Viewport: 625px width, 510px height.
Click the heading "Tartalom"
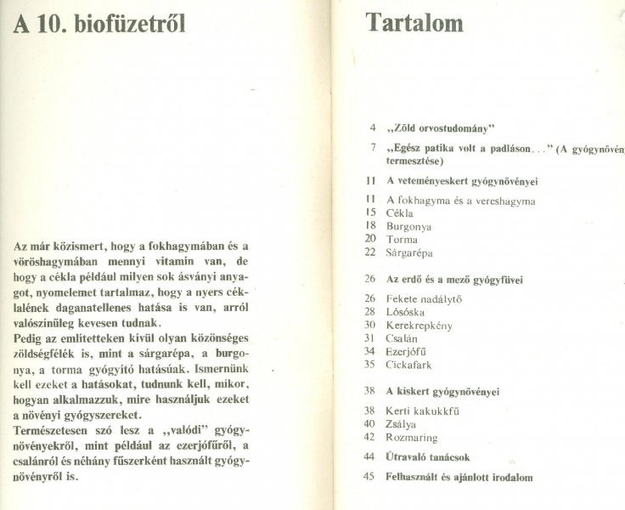(414, 22)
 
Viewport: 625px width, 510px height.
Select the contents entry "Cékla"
(399, 213)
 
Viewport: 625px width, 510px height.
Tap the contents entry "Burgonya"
(408, 227)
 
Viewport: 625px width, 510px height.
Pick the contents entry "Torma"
(402, 240)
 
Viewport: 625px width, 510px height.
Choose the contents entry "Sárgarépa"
(411, 252)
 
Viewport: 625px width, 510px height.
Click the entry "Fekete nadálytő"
(424, 298)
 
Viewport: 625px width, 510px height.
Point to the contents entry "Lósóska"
(405, 312)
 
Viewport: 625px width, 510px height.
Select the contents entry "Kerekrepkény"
(419, 325)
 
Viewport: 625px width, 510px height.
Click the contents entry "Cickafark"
(409, 364)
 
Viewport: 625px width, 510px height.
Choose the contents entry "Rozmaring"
(412, 438)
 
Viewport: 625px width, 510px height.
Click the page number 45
(369, 477)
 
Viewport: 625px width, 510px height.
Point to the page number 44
(369, 456)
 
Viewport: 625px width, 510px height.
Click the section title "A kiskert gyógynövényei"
(442, 392)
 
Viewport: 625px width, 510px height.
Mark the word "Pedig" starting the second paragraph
(30, 337)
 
